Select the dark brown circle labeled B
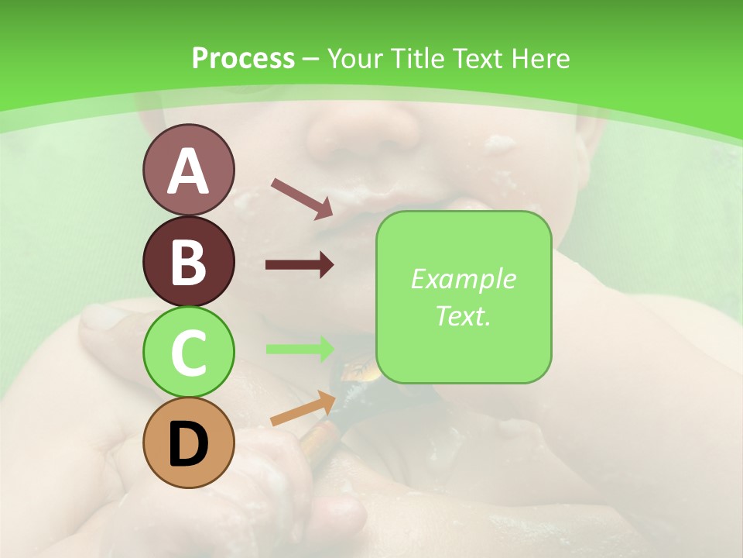[188, 261]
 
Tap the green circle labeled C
[188, 352]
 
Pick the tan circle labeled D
[188, 443]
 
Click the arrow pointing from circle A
[302, 198]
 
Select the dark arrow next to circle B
[300, 265]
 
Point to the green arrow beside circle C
[300, 349]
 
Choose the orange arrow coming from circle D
[303, 408]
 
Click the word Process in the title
[243, 58]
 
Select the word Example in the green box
[463, 279]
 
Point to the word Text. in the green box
[463, 315]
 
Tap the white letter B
[188, 263]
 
